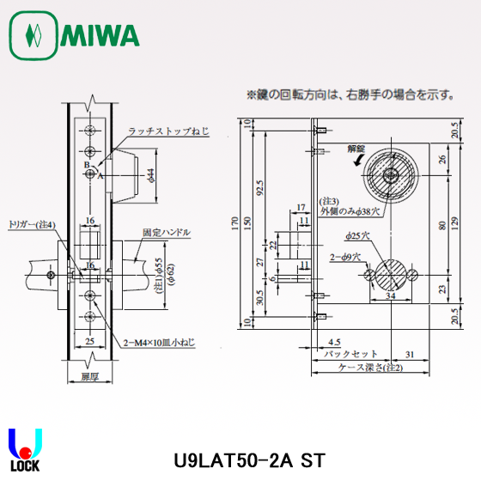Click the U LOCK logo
tap(23, 451)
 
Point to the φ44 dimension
tap(150, 175)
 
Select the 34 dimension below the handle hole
tap(391, 295)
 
